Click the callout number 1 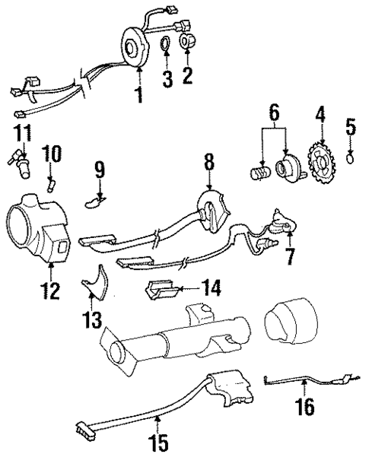[138, 94]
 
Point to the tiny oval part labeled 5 [349, 158]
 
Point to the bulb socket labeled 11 [50, 290]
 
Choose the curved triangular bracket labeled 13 [159, 291]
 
